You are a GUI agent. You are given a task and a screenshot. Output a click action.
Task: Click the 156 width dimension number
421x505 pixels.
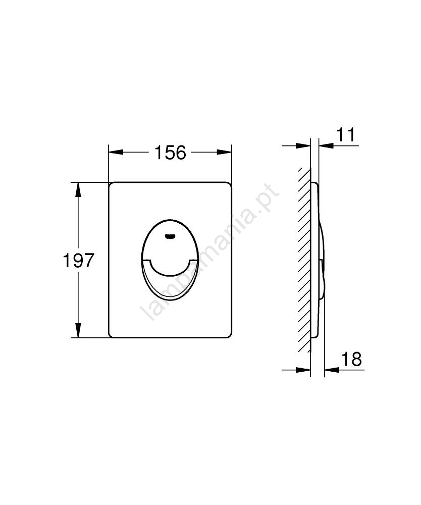[170, 153]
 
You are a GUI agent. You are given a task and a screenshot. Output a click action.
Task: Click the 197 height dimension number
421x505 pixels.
[78, 260]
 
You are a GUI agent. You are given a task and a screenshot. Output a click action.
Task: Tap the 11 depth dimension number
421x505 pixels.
[345, 134]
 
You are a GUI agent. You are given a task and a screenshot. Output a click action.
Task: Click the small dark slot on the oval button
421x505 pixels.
[170, 237]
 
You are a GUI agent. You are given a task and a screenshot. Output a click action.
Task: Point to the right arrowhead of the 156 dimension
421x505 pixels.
[224, 153]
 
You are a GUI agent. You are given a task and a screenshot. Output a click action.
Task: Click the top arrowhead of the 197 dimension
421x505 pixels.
[78, 189]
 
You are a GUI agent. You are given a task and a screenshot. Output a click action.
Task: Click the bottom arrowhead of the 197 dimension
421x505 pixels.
[78, 330]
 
